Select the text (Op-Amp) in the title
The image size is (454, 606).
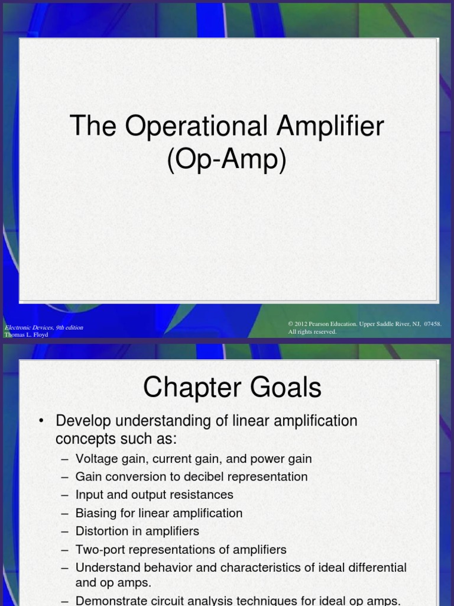[x=226, y=160]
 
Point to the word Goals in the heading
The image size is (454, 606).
[x=285, y=388]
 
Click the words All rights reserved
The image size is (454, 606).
[x=312, y=332]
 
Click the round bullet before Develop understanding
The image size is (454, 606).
[x=41, y=421]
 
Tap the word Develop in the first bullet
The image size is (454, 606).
[x=81, y=421]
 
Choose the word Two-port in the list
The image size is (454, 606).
[x=99, y=549]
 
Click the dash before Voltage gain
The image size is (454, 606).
[x=64, y=459]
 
